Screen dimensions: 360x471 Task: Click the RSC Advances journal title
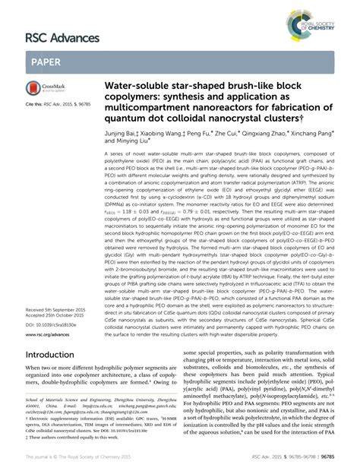[x=63, y=37]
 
